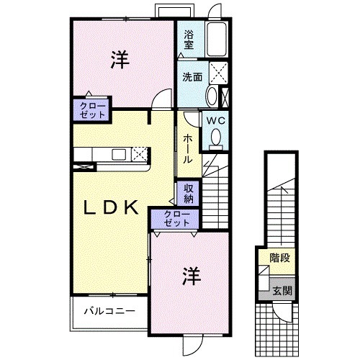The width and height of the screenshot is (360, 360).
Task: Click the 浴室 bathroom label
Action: pos(189,39)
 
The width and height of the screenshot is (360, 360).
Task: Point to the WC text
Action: pos(215,122)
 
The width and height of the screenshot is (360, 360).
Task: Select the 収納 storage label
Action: pos(188,193)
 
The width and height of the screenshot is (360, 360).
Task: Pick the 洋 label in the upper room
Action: pos(120,61)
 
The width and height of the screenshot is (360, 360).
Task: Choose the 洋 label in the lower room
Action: pos(189,275)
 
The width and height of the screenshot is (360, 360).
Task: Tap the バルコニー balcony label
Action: pos(108,312)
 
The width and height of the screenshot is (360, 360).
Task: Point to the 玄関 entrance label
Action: pos(282,291)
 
